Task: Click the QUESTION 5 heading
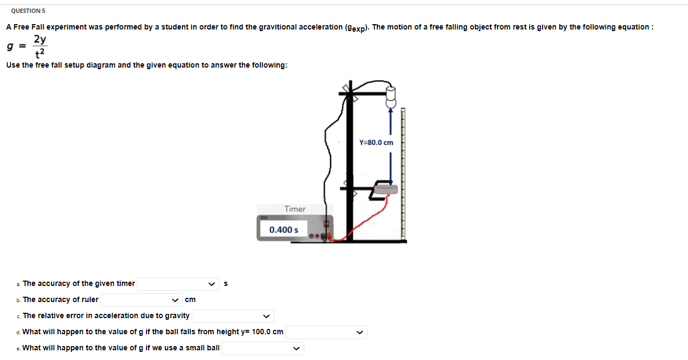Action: click(28, 11)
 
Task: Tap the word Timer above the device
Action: click(295, 209)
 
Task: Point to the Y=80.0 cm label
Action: click(376, 143)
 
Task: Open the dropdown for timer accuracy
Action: click(178, 284)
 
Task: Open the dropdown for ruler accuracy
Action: click(141, 300)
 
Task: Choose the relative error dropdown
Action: click(233, 316)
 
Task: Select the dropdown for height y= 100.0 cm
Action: click(326, 332)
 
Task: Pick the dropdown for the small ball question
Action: click(263, 348)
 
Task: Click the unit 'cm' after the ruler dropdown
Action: click(190, 300)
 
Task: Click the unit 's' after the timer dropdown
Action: click(225, 284)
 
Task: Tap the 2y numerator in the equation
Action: click(40, 39)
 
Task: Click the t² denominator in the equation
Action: click(40, 54)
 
